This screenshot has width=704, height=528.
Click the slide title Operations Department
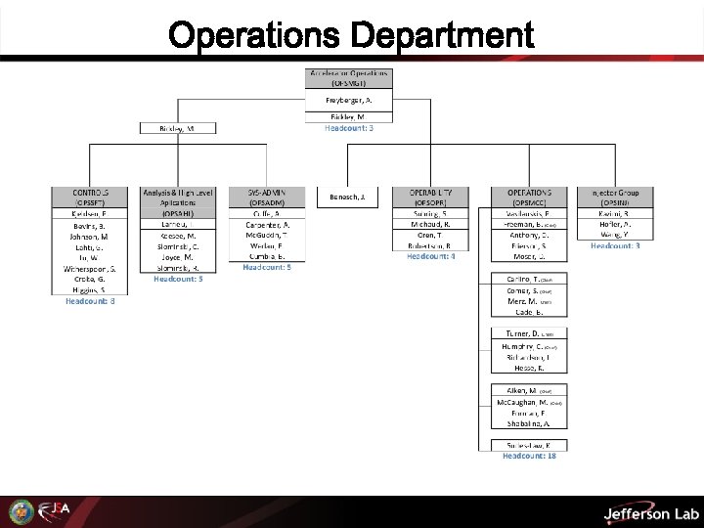click(352, 35)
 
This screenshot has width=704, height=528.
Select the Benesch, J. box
click(347, 197)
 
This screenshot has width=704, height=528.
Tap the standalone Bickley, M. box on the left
click(177, 128)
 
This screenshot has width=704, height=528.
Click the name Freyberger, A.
click(349, 101)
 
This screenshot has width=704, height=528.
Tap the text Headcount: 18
click(529, 455)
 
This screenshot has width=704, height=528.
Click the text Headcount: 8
click(90, 301)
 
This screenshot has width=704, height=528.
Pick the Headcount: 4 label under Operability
click(431, 256)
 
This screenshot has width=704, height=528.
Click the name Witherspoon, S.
click(90, 268)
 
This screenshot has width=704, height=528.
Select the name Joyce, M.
click(178, 257)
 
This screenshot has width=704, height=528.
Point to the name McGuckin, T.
click(267, 235)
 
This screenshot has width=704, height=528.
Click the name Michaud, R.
click(431, 224)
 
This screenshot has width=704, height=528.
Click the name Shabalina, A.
click(528, 423)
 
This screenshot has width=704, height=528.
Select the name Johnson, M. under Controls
click(90, 236)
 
